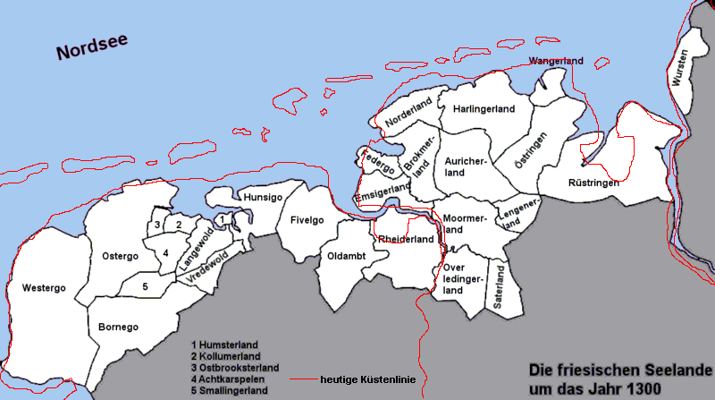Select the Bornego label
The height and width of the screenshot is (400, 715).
(118, 327)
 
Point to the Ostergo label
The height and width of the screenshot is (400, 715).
(119, 256)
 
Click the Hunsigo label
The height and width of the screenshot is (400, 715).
(263, 196)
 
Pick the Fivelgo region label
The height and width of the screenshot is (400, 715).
(307, 220)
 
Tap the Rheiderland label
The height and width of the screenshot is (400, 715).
(406, 239)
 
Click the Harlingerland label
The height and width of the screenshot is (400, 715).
(484, 108)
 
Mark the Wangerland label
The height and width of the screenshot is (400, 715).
(556, 61)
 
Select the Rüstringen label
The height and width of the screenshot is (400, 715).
(593, 183)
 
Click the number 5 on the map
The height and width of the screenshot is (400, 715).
(145, 286)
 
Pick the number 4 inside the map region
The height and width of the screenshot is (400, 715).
(165, 253)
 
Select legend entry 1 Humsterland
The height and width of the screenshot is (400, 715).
(225, 344)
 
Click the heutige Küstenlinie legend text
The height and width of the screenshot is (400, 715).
(367, 379)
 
